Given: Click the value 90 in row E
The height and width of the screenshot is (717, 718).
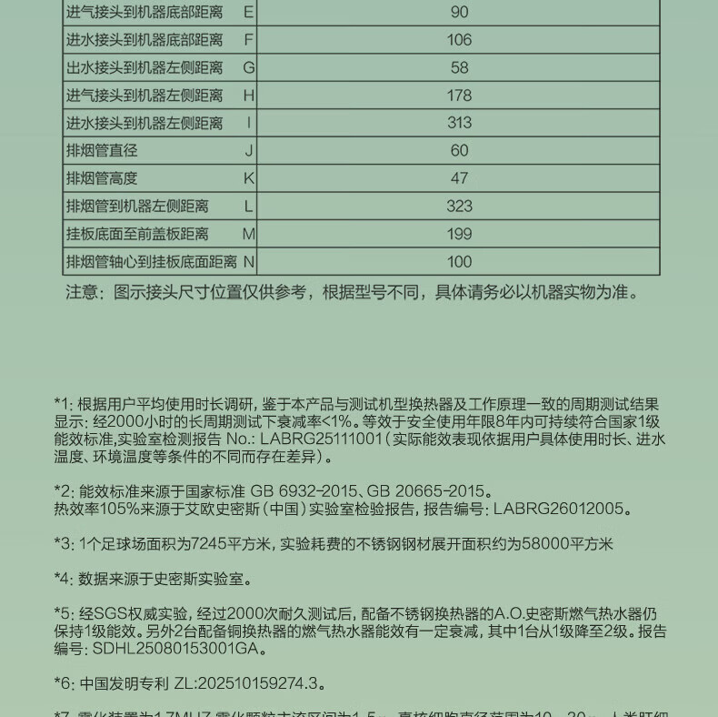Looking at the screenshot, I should [x=459, y=12].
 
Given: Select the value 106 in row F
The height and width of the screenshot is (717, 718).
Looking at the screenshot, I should [x=459, y=40].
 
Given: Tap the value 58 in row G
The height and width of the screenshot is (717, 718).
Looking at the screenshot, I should [x=459, y=67].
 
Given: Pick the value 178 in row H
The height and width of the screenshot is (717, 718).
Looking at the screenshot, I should [x=459, y=96].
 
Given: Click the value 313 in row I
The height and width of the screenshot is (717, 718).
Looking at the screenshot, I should [x=459, y=123].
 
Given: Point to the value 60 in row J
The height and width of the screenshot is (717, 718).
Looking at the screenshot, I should [x=459, y=151].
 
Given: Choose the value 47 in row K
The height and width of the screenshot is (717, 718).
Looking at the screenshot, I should [x=459, y=178].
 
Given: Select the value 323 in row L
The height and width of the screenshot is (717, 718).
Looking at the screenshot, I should [x=459, y=207].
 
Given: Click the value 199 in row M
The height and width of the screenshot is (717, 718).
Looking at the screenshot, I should [x=459, y=234].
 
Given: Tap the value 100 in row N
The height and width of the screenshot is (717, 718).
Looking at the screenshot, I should [x=459, y=262].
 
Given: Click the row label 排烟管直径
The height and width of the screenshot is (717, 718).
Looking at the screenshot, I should [x=102, y=151].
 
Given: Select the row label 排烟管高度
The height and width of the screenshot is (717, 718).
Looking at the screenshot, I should [x=102, y=178].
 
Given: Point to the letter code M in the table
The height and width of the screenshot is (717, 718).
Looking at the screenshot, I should [x=248, y=234].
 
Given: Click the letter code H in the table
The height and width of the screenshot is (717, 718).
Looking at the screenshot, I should [x=248, y=96].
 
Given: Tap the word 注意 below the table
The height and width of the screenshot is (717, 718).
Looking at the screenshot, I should [x=81, y=292].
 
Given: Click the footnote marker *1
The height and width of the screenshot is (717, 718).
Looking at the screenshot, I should [x=61, y=404].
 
